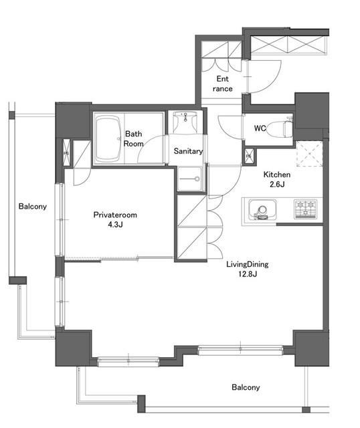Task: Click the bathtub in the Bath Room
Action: (108, 138)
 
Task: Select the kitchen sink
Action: (262, 209)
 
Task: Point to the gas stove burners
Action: (306, 209)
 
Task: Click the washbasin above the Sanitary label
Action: (185, 122)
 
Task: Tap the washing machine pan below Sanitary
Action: (190, 179)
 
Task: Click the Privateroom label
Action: (115, 215)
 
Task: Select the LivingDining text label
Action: (248, 264)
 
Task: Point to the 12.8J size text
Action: (248, 274)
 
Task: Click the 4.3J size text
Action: (115, 225)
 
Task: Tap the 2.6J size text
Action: (277, 185)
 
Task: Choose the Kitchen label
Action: (277, 175)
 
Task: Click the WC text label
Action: (260, 128)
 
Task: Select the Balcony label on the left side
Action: (33, 207)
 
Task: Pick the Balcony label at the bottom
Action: (246, 387)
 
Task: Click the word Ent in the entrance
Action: (222, 79)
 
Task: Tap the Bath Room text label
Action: (134, 138)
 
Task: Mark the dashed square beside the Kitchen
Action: (310, 153)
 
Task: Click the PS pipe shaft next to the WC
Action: (249, 156)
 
